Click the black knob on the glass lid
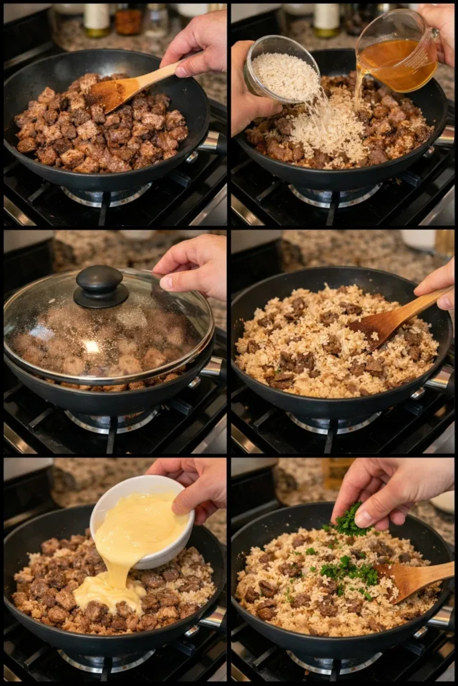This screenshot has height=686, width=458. point(101,286)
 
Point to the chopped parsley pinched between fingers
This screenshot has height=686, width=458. point(349,521)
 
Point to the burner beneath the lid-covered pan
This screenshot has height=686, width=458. point(111,422)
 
